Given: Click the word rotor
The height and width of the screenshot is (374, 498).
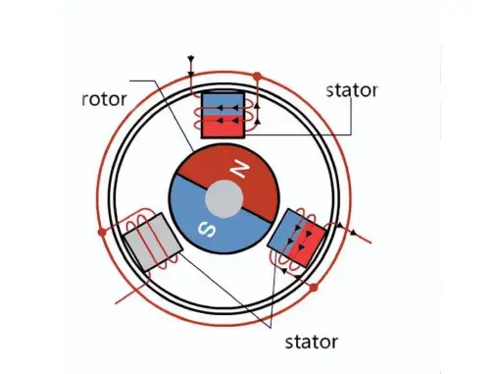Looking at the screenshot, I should [x=104, y=98].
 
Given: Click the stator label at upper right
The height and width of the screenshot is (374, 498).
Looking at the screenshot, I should [x=351, y=90].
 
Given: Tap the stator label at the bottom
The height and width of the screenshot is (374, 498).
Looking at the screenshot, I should [x=311, y=342].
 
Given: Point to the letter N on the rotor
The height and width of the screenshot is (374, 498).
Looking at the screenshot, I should [x=239, y=170].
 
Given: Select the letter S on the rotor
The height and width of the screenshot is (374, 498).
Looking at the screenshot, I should [x=207, y=229].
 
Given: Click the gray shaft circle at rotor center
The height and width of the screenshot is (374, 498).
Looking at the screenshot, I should [x=224, y=200].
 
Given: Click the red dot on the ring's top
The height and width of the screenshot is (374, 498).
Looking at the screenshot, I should [x=257, y=75].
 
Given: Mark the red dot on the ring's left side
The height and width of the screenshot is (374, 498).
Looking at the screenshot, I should [x=102, y=233].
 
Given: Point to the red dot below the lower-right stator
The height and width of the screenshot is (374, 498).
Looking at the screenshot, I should [x=313, y=290].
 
